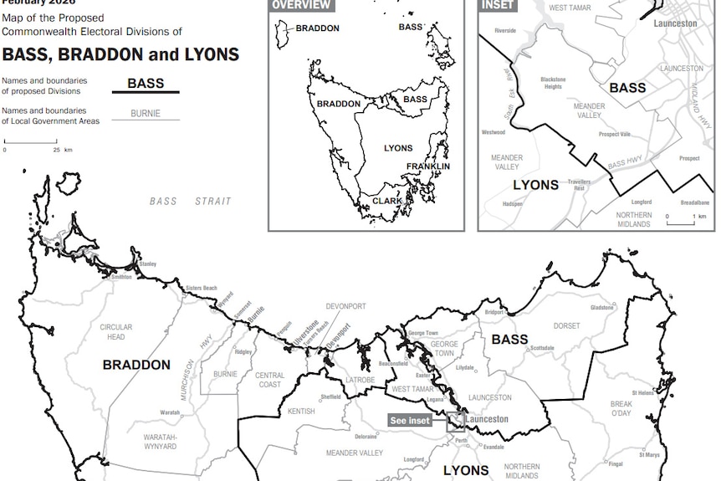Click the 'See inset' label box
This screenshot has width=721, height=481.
click(411, 420)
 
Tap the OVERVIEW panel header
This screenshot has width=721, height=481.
click(301, 5)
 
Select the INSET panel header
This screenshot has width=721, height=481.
click(498, 5)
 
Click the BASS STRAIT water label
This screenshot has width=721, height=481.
click(190, 202)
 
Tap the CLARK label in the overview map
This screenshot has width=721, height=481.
click(387, 201)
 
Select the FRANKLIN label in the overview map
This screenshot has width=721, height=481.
click(428, 166)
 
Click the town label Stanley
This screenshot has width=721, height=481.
click(147, 264)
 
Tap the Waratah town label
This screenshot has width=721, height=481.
click(170, 412)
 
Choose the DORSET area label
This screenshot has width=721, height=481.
click(566, 325)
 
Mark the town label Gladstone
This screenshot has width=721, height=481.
click(601, 307)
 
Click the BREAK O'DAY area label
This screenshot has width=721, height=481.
click(621, 408)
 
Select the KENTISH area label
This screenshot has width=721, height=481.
click(301, 411)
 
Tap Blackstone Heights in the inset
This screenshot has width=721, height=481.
click(553, 83)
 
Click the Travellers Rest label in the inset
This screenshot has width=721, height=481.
click(579, 185)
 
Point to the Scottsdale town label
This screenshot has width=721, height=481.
click(542, 348)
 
